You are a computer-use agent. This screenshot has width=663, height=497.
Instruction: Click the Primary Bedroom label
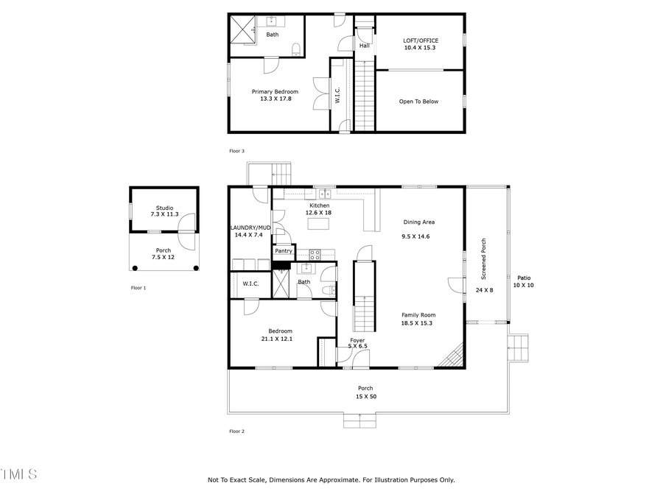[x=275, y=91]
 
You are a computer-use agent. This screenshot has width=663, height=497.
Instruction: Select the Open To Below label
[x=418, y=102]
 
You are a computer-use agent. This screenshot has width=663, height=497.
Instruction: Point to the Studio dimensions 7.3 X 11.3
[x=164, y=214]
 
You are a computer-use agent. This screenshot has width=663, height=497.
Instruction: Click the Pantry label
[x=284, y=251]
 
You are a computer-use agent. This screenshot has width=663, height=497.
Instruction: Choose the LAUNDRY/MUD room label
[x=249, y=228]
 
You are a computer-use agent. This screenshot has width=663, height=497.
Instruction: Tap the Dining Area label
[x=418, y=222]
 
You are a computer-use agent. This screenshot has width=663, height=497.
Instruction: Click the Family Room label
[x=418, y=314]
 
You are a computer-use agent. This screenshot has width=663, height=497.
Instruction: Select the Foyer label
[x=357, y=340]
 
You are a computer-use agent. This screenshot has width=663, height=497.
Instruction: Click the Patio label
[x=522, y=278]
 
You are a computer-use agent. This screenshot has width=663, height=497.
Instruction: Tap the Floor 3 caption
[x=236, y=151]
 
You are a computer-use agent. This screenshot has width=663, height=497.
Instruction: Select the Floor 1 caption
[x=138, y=288]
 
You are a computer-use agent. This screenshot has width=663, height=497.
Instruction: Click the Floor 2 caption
[x=236, y=431]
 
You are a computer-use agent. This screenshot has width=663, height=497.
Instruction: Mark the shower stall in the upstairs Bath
[x=242, y=29]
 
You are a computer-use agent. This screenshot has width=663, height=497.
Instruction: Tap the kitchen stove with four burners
[x=315, y=255]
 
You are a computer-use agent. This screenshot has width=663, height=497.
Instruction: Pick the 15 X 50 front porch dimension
[x=365, y=396]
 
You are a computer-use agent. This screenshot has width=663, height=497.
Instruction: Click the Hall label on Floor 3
[x=364, y=46]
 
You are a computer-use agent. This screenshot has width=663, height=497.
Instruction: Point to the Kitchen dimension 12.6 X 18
[x=319, y=213]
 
